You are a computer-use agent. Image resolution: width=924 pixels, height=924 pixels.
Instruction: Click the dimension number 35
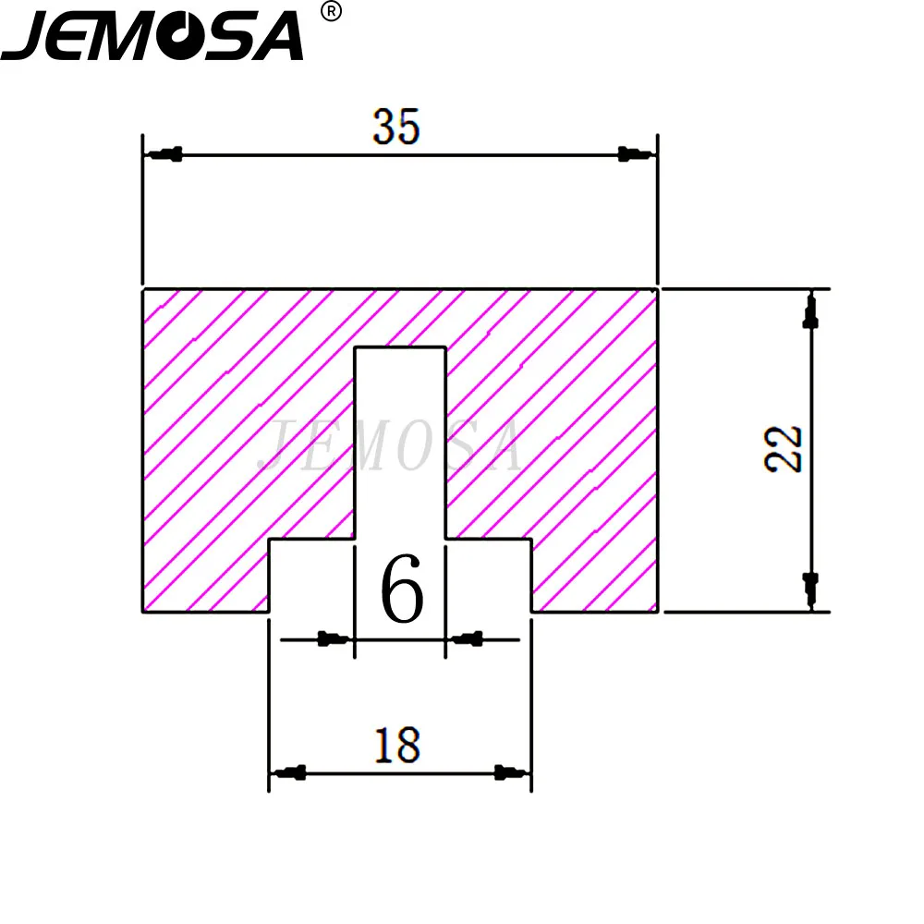tap(396, 128)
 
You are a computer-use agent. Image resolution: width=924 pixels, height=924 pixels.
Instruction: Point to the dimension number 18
tap(397, 745)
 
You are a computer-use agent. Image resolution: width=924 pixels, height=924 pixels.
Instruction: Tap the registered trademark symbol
tap(331, 12)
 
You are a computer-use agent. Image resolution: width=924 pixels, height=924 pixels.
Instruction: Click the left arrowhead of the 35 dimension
tap(165, 153)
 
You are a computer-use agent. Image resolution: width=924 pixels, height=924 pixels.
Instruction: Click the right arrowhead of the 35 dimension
tap(633, 153)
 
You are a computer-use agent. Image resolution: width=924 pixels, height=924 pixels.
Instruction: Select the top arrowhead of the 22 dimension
tap(811, 312)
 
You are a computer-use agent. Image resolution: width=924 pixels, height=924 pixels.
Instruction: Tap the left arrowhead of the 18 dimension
tap(291, 772)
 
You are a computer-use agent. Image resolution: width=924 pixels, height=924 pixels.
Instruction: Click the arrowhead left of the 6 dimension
tap(333, 638)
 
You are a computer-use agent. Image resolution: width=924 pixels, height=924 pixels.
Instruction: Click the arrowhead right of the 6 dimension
tap(468, 638)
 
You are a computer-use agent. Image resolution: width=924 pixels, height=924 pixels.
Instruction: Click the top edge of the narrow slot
tap(401, 347)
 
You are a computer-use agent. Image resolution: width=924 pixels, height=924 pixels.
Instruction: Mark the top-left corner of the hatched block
tap(142, 290)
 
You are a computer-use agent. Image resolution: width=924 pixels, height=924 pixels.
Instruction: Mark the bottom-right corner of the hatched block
tap(657, 611)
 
